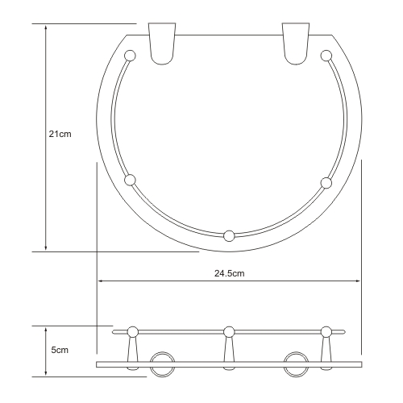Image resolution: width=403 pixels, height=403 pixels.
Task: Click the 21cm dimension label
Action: point(60,134)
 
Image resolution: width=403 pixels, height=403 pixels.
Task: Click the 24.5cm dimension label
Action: point(230,273)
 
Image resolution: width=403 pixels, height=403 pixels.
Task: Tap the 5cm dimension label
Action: point(60,350)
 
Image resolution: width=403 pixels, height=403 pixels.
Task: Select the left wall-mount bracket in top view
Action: point(162,44)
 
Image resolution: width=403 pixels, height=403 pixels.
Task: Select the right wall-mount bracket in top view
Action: point(296,44)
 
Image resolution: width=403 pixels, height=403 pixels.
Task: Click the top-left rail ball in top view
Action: point(130,56)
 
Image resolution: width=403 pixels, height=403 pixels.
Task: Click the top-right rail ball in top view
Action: point(326,56)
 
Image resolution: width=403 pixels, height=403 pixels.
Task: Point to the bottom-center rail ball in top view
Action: point(229,236)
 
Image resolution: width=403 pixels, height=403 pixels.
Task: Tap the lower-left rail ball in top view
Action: point(130,180)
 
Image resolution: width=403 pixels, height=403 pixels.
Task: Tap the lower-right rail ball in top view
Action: point(326,183)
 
